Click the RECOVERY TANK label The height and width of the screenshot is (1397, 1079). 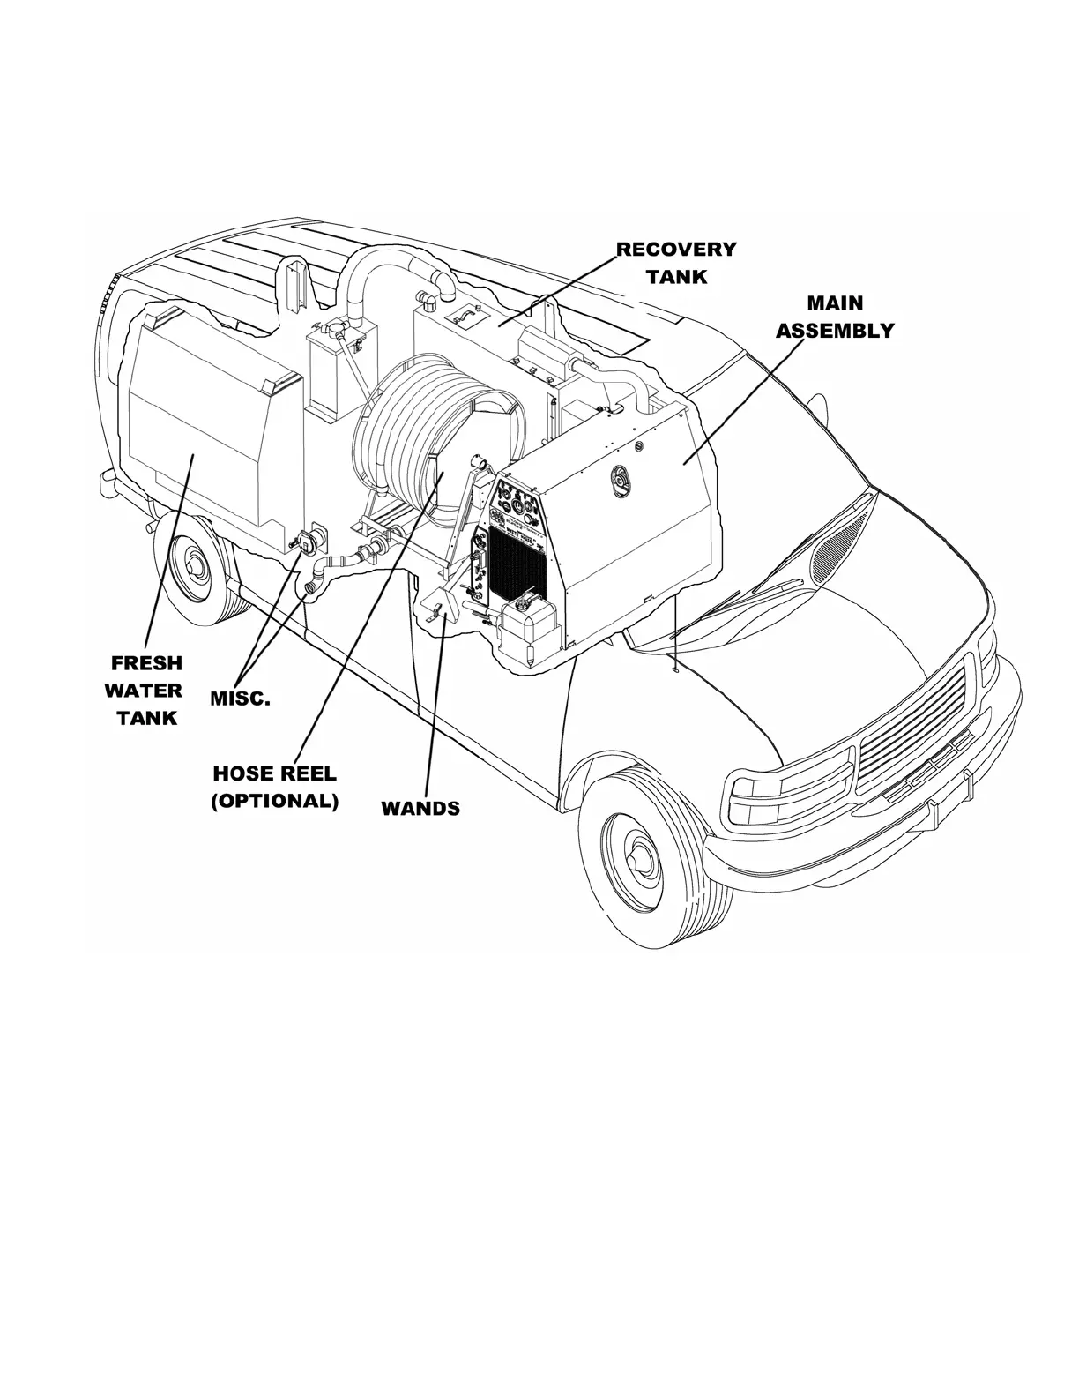click(676, 262)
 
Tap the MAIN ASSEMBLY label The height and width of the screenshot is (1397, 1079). click(835, 317)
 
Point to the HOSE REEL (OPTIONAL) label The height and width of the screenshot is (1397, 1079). click(275, 788)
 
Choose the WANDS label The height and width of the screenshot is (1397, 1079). click(420, 808)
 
